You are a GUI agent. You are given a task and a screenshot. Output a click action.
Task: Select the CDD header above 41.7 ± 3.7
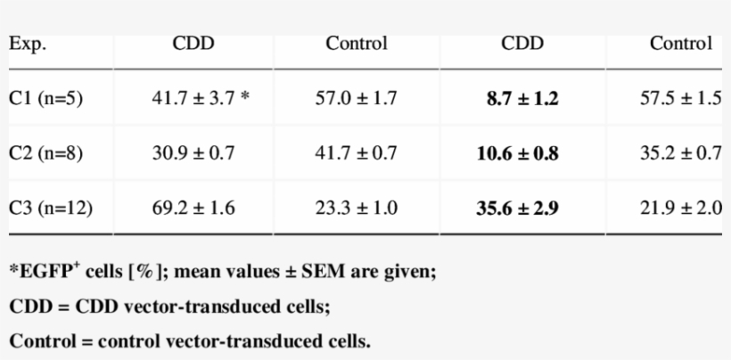[193, 44]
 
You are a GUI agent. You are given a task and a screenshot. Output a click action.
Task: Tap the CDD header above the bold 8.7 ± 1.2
[522, 44]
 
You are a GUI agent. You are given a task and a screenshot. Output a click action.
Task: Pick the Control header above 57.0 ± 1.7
[357, 44]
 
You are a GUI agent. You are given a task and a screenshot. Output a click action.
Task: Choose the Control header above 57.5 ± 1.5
[681, 44]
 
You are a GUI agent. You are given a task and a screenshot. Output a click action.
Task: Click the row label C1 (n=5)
[46, 99]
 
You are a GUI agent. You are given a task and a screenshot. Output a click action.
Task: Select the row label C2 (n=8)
[46, 153]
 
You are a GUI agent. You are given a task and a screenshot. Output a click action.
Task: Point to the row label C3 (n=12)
[51, 209]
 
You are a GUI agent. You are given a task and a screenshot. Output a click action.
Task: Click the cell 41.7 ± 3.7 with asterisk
[200, 99]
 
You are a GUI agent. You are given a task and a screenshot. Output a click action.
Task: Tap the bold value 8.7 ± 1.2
[522, 99]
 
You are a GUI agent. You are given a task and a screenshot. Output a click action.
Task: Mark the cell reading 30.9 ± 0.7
[193, 153]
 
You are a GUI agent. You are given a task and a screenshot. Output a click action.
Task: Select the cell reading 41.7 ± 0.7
[356, 153]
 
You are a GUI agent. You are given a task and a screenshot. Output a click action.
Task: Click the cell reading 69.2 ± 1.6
[193, 209]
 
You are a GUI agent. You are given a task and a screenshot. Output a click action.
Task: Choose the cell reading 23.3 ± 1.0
[356, 209]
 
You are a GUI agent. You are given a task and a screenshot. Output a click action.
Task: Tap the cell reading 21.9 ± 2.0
[681, 209]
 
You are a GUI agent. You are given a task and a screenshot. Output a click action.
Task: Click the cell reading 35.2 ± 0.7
[681, 153]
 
